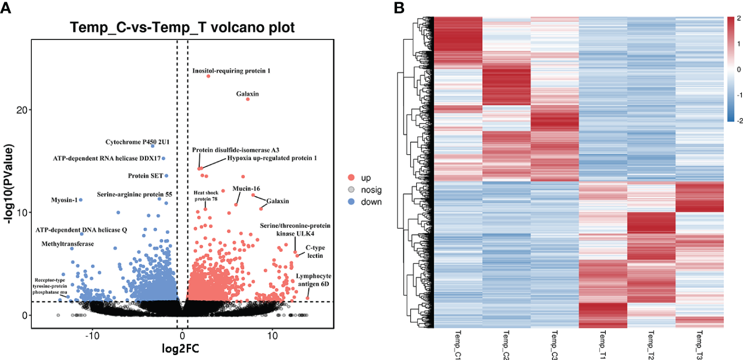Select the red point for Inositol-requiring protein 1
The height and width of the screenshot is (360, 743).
208,76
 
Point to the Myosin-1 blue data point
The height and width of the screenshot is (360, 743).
81,200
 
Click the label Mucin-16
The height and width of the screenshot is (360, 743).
246,189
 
